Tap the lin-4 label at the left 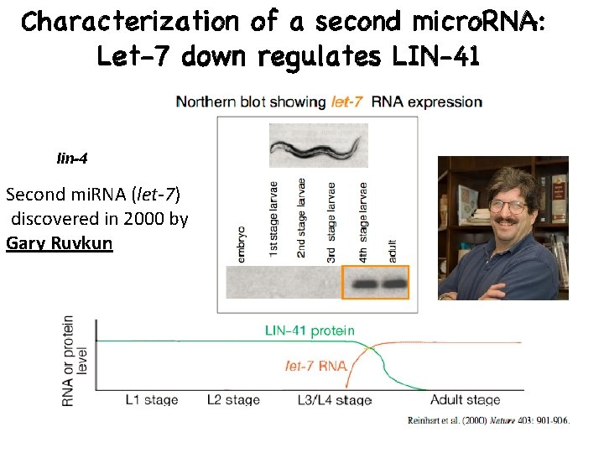[72, 158]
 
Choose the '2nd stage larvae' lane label [302, 221]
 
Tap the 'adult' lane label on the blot [393, 249]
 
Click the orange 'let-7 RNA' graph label [314, 367]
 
